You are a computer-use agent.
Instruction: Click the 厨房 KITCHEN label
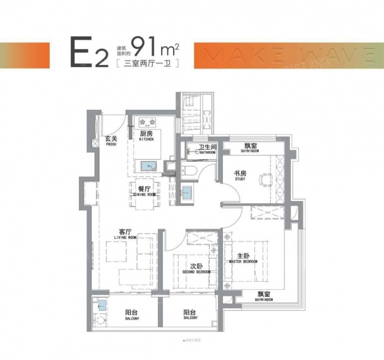(147, 135)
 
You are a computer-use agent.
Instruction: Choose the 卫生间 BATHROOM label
(207, 150)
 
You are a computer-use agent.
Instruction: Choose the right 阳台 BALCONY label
(189, 315)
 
